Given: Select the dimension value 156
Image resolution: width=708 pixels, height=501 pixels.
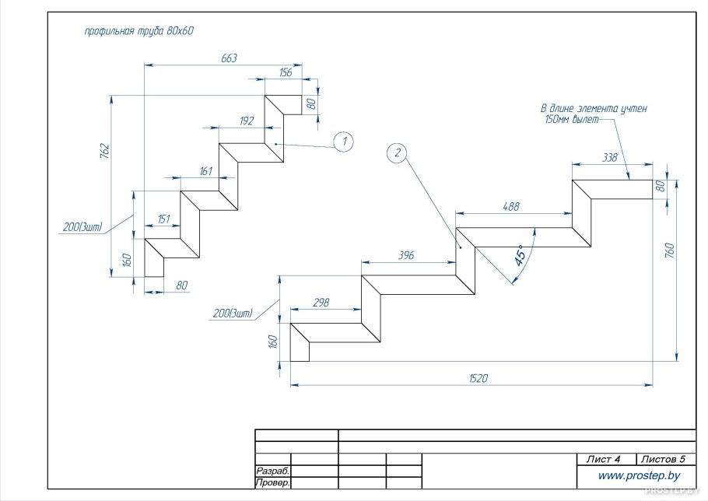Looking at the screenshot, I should coord(285,72).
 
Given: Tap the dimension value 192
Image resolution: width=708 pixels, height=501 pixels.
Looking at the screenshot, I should coord(247,121).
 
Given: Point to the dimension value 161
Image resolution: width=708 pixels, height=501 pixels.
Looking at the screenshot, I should coord(206,170).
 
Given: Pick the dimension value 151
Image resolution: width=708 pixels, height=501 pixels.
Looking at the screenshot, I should coord(164,219).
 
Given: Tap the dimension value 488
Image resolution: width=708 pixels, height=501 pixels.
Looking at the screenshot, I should coord(510,206).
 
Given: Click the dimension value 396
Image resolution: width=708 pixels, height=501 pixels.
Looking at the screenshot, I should coord(405,254).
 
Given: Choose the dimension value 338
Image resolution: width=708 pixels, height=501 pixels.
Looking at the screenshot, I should coord(609,157).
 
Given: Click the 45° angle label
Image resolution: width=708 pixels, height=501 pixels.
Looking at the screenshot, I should coord(520,254).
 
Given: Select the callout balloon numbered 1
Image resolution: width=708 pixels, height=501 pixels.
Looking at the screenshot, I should coord(343,141).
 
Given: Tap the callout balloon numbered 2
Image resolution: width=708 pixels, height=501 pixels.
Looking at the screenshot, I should coord(397,153).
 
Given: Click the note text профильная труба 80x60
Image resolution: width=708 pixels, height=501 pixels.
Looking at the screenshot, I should coord(138,32).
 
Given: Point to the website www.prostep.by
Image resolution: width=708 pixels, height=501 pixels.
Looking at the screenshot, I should coord(639,475).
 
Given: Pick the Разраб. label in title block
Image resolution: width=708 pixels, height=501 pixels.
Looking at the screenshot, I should coord(272,471).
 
